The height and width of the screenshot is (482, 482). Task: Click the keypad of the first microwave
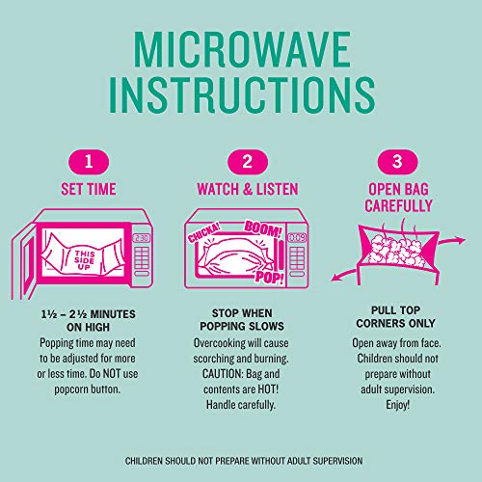(142, 260)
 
